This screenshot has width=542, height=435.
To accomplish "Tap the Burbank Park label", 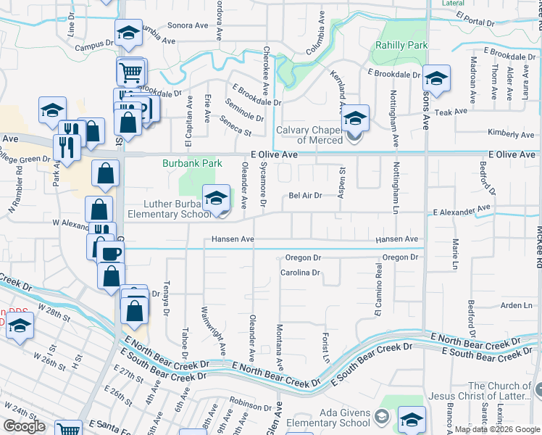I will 191,164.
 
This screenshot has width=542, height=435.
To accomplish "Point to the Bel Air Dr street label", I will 304,196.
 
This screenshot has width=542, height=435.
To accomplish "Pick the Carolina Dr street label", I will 300,273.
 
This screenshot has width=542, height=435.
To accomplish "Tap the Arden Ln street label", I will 517,306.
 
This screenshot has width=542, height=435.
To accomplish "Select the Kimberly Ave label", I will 511,134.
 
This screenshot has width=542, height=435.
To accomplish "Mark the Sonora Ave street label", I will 188,25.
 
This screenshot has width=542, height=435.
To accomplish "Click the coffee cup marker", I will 111,253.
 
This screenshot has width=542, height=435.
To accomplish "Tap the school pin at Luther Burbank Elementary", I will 216,197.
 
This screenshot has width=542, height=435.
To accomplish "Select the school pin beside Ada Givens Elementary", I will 412,420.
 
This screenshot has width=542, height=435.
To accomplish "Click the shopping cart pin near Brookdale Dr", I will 130,71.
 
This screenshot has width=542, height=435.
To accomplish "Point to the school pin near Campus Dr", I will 128,33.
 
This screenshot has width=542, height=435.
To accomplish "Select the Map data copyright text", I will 496,429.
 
